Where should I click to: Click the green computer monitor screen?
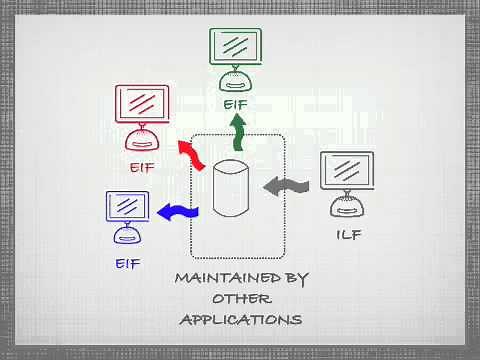pos(236,46)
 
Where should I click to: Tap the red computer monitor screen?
pos(142,103)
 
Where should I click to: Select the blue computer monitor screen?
pos(127,207)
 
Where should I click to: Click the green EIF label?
pos(236,103)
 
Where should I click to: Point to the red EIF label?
pos(142,167)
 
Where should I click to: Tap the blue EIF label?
pos(127,264)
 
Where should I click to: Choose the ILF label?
pos(348,236)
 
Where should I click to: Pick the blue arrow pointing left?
pos(174,211)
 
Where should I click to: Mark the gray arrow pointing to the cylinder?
pos(287,185)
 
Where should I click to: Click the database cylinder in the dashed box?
pos(229,187)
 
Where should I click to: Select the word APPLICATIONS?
pos(240,320)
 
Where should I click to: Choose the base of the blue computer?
pos(127,236)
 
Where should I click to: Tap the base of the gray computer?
pos(347,206)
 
